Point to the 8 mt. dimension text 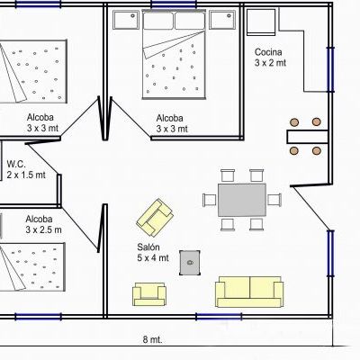[152, 339]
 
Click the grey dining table [242, 200]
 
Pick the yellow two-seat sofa [249, 292]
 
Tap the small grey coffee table [190, 263]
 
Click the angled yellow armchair [155, 218]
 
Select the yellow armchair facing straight [149, 294]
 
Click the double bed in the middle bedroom [174, 54]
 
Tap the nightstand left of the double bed [126, 20]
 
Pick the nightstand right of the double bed [222, 20]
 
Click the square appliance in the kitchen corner [261, 22]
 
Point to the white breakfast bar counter [307, 137]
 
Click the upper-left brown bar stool [294, 122]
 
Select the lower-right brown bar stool [317, 150]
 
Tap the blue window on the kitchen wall [330, 69]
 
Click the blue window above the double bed [174, 4]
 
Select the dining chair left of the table [210, 200]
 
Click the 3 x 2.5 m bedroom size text [43, 229]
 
